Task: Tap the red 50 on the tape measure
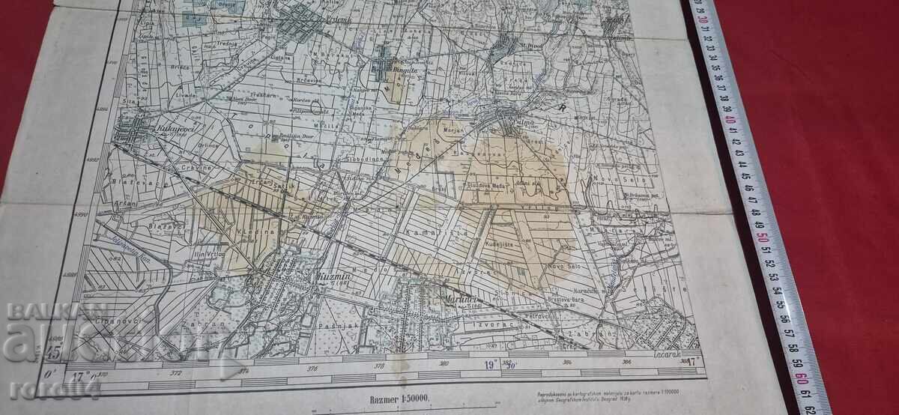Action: click(763, 238)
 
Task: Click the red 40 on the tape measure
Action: click(730, 121)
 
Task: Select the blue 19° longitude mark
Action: click(491, 366)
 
